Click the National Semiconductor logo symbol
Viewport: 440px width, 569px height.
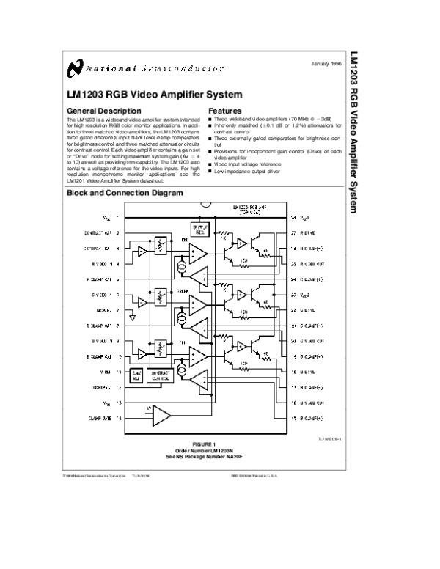pos(75,69)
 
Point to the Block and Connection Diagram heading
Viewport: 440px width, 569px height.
pos(124,194)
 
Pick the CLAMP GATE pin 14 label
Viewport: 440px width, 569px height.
pos(103,418)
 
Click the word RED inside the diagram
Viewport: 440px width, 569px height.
pos(186,239)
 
